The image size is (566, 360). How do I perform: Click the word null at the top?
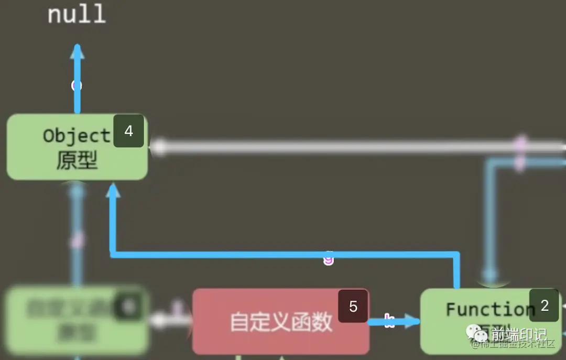coord(77,14)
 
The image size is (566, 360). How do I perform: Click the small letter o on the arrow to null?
coord(77,85)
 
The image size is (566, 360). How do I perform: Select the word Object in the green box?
coord(77,136)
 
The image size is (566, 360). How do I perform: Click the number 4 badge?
coord(128,131)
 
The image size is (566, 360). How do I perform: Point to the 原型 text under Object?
coord(77,160)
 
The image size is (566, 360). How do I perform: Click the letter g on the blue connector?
coord(329,258)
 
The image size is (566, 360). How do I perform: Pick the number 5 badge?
coord(353,306)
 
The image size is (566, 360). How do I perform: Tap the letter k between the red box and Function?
coord(389,321)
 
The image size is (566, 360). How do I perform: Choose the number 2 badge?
coord(545,306)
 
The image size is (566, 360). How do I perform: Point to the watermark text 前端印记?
coord(519,334)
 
